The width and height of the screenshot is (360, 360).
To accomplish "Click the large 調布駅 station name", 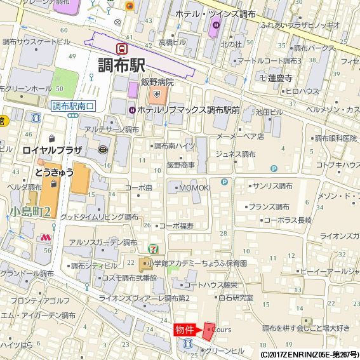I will click(122, 65).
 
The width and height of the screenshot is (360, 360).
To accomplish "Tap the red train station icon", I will click(121, 48).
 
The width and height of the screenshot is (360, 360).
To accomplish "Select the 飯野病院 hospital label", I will click(157, 82).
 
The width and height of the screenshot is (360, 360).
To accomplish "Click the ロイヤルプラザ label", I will click(52, 150).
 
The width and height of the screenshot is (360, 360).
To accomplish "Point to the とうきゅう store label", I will click(54, 172).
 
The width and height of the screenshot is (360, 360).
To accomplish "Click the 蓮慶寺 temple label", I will click(279, 77).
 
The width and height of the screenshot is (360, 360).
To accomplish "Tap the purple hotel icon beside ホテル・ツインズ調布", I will click(217, 25).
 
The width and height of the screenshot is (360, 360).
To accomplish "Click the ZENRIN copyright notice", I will click(309, 354).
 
